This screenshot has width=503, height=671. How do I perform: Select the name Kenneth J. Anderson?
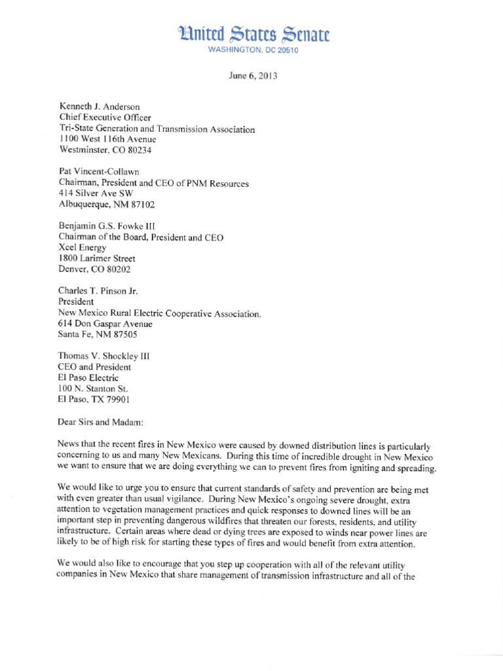98,105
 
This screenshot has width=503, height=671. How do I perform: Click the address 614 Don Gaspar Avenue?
105,324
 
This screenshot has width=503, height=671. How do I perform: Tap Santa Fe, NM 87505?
92,335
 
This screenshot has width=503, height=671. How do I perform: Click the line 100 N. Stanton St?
93,389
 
